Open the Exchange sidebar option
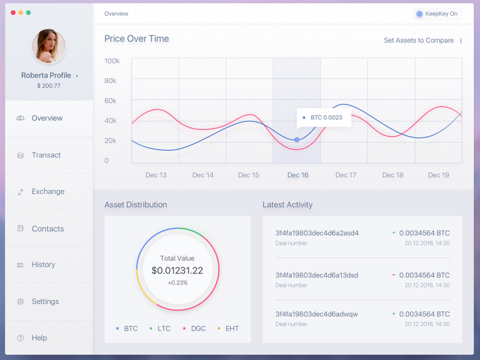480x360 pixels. click(x=48, y=191)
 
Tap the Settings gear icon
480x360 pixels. click(x=21, y=301)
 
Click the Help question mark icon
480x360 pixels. click(x=21, y=338)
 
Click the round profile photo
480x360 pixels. click(x=49, y=46)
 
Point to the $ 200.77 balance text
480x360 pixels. click(x=49, y=86)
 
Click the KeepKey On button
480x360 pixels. click(x=437, y=14)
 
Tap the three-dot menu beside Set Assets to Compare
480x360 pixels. click(x=461, y=41)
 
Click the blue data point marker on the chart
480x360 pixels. click(x=297, y=139)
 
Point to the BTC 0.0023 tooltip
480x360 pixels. click(x=324, y=117)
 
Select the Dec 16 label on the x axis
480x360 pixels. click(x=297, y=175)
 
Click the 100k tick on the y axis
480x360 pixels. click(x=112, y=61)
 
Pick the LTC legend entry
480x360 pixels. click(x=160, y=329)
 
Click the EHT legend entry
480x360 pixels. click(x=228, y=329)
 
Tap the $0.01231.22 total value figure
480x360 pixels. click(x=177, y=271)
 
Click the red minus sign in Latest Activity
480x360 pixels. click(x=394, y=275)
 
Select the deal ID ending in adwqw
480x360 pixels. click(x=317, y=314)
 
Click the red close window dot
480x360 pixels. click(x=13, y=13)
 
